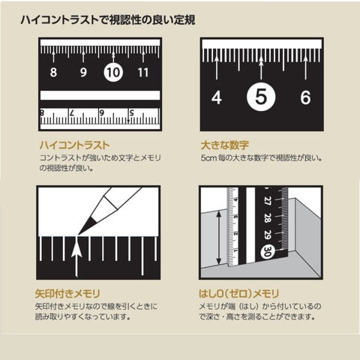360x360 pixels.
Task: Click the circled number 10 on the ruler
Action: (113, 72)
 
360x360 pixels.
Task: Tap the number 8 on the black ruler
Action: (53, 73)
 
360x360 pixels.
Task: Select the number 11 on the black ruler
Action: (143, 73)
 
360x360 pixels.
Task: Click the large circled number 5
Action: (261, 97)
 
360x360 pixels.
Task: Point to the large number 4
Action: (217, 97)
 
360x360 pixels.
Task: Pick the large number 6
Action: (305, 97)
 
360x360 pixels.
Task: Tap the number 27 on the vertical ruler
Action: (268, 201)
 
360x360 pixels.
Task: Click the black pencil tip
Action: (87, 226)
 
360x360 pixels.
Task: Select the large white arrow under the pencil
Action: (76, 257)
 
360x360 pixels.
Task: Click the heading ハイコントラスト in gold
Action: (74, 145)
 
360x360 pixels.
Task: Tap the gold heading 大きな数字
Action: (225, 145)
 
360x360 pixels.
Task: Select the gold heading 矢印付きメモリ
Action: (67, 294)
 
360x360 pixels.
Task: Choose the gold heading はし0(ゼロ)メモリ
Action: (238, 294)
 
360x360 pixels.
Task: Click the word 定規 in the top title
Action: (184, 19)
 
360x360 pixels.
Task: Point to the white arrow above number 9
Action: (83, 57)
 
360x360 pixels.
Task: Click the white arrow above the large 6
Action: (305, 67)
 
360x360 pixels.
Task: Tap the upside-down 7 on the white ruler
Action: (72, 113)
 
